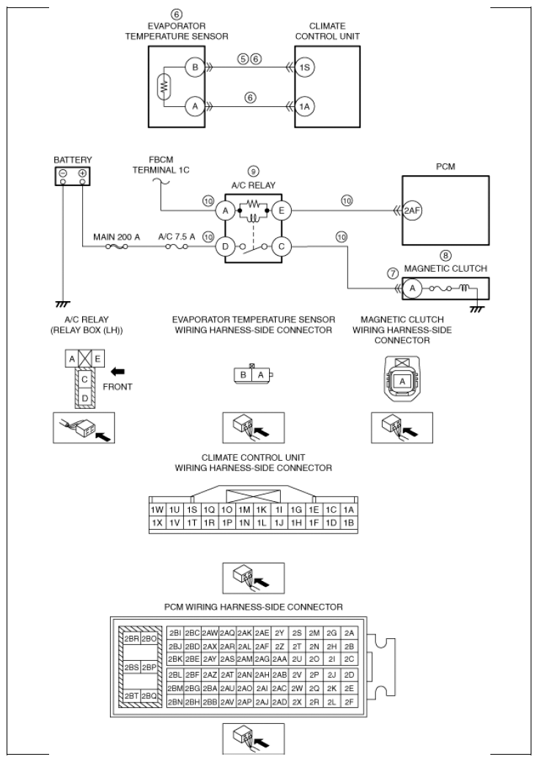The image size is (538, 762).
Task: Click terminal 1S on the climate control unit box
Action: [304, 67]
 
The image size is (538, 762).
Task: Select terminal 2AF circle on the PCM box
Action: [412, 210]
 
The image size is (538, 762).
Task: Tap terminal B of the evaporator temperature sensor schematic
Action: [195, 67]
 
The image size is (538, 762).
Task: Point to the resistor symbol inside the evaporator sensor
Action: [164, 86]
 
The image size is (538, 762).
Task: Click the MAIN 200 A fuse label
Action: [117, 237]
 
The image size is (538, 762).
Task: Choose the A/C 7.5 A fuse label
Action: [177, 237]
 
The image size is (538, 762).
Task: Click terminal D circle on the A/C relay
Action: [225, 246]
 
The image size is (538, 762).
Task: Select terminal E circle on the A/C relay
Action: [281, 210]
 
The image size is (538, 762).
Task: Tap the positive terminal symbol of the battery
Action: [83, 173]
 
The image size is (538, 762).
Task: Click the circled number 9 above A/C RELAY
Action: [253, 171]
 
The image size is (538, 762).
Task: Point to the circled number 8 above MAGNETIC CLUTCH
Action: [445, 256]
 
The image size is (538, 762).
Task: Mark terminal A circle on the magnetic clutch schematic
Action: [412, 288]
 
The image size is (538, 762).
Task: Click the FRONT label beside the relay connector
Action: [117, 387]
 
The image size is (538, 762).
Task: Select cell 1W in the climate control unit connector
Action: [157, 510]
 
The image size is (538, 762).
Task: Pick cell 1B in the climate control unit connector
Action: [348, 523]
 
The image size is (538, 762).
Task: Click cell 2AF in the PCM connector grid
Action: [262, 646]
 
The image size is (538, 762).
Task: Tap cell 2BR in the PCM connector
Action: [131, 639]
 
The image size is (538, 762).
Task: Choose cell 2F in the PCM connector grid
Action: [349, 702]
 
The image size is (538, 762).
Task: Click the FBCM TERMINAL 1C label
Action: [161, 165]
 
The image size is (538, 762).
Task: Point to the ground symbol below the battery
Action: [62, 304]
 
